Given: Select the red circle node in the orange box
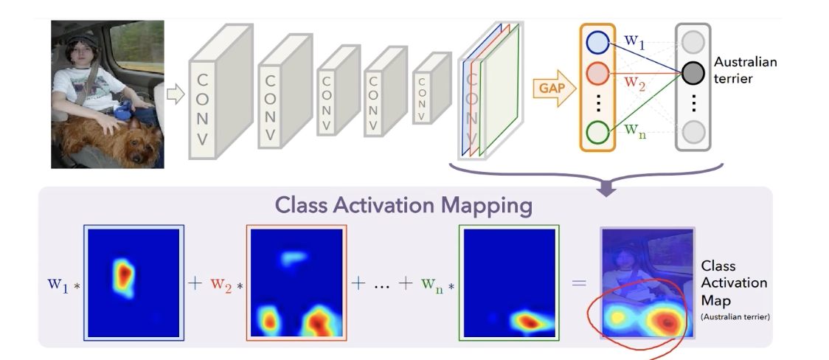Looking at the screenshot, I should pyautogui.click(x=597, y=74).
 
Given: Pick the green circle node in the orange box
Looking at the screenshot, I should pyautogui.click(x=597, y=132).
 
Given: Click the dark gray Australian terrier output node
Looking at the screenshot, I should pyautogui.click(x=693, y=72).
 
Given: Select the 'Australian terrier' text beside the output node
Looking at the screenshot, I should pyautogui.click(x=745, y=70).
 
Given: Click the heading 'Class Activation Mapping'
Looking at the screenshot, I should pyautogui.click(x=404, y=206).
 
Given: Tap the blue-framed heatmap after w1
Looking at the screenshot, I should pyautogui.click(x=133, y=283).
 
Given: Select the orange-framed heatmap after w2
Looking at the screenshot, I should pyautogui.click(x=296, y=283).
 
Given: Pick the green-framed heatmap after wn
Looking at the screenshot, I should pyautogui.click(x=509, y=283).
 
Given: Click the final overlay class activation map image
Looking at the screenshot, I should pyautogui.click(x=647, y=283).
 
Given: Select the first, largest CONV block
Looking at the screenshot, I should pyautogui.click(x=215, y=94).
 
